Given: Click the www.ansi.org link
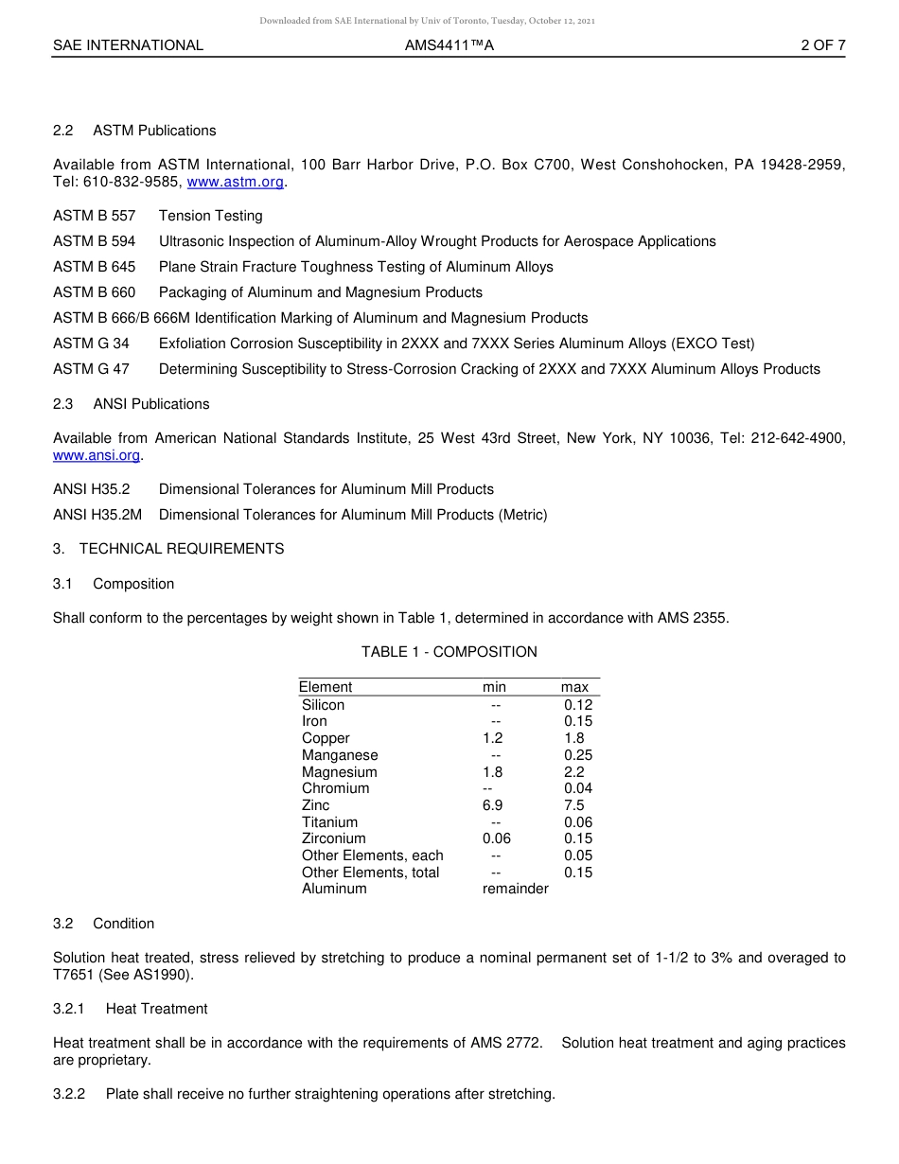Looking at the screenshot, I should [97, 455].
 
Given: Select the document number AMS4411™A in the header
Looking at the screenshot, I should [449, 44].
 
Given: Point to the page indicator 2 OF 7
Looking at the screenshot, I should [822, 44].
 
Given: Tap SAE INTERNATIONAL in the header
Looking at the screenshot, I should [128, 44].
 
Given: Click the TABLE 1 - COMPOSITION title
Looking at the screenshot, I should [449, 652].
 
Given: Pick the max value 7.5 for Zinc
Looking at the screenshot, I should [573, 805].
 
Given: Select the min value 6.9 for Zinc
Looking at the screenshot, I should [493, 805].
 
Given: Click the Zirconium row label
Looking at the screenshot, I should [333, 838].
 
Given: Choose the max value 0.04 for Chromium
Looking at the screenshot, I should [577, 788].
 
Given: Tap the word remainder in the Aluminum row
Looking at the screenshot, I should [515, 889].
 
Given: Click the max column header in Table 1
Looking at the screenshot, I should [573, 687].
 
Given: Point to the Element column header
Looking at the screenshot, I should [326, 687].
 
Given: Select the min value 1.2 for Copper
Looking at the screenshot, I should [493, 738].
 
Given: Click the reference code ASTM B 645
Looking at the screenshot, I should [94, 267].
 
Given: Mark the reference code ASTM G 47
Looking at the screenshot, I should [91, 369].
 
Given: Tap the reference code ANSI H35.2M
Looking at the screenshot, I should [97, 515].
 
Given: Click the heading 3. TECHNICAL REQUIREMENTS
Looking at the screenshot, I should [168, 549].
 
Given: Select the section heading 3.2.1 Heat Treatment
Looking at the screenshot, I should [131, 1009].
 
